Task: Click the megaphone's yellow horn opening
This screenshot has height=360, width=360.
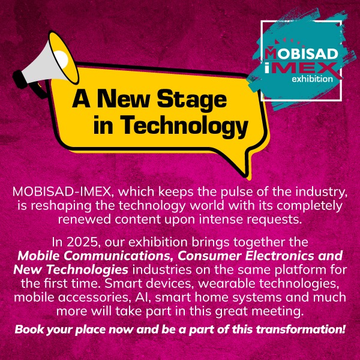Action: point(64,58)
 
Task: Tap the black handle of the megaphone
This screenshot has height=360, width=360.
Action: point(38,90)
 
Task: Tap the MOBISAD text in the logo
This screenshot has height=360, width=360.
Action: point(301,53)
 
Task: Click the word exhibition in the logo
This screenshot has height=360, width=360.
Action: point(312,79)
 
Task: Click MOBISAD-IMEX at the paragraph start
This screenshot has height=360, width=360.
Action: point(62,192)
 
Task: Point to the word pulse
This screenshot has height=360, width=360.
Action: point(236,193)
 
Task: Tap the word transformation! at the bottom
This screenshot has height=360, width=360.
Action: point(301,329)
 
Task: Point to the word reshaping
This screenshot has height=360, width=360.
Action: point(62,206)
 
